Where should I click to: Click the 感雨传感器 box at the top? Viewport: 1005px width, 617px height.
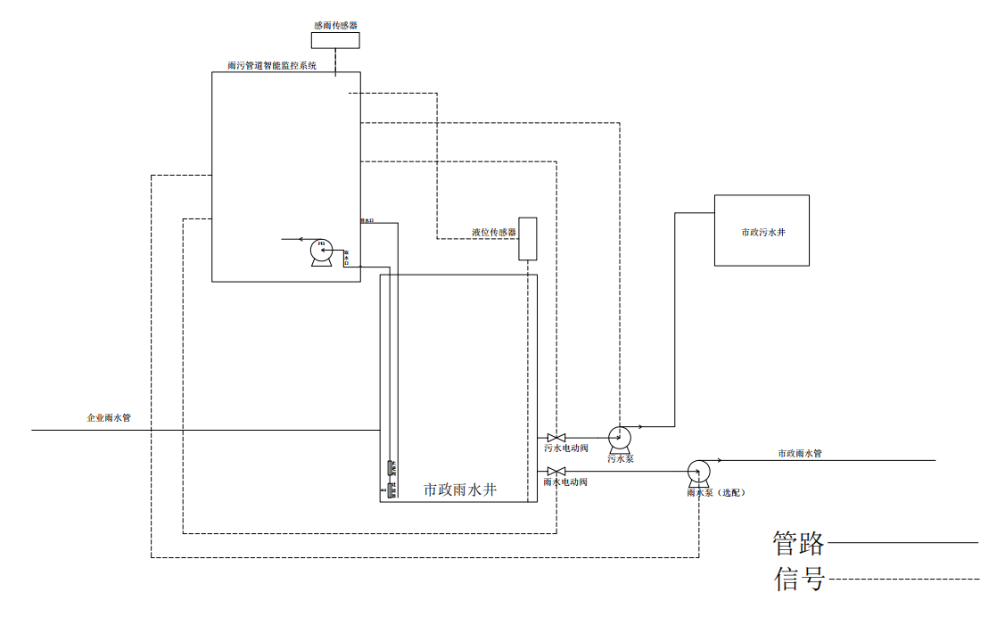tap(335, 40)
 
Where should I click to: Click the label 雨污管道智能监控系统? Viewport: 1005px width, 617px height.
tap(272, 66)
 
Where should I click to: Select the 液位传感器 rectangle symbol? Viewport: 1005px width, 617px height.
tap(529, 238)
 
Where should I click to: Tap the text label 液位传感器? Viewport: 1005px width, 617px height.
tap(494, 233)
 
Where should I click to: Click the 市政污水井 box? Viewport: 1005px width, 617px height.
tap(762, 230)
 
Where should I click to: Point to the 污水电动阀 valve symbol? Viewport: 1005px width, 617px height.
tap(556, 437)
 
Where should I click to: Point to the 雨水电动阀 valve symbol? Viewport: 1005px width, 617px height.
tap(556, 471)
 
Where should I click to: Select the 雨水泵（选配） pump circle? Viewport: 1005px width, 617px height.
tap(698, 471)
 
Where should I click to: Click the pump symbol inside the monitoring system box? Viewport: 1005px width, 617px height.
tap(320, 251)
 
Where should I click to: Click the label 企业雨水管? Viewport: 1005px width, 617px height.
tap(108, 417)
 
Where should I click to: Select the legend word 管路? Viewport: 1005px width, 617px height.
tap(798, 542)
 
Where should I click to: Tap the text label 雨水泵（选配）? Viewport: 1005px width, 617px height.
tap(715, 492)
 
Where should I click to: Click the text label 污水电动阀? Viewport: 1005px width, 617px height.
tap(566, 448)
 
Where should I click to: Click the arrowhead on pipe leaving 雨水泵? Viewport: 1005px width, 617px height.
tap(716, 460)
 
